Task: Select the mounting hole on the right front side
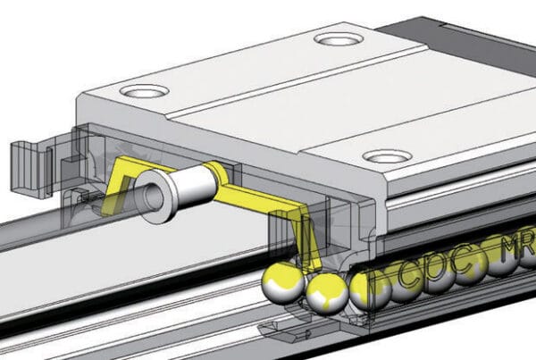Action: pos(388,155)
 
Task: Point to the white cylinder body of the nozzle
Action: pos(192,186)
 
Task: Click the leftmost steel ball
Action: pos(279,284)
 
